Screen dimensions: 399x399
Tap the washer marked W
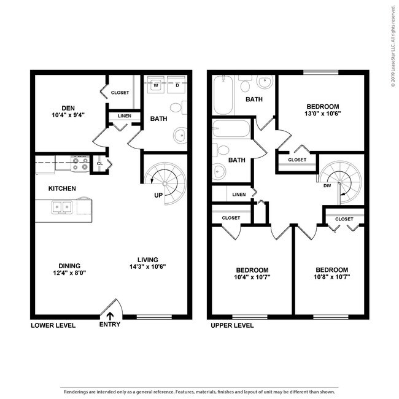pyautogui.click(x=157, y=85)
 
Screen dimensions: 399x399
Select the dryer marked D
pyautogui.click(x=177, y=85)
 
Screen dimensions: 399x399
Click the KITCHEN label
pyautogui.click(x=63, y=188)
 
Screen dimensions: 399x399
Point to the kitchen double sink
pyautogui.click(x=61, y=207)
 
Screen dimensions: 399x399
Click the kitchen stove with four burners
pyautogui.click(x=80, y=163)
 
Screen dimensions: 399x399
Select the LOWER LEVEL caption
pyautogui.click(x=53, y=325)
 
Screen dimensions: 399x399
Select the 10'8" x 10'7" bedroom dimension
pyautogui.click(x=331, y=277)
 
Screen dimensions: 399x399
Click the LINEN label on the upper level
pyautogui.click(x=239, y=195)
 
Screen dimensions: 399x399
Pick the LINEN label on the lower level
pyautogui.click(x=124, y=116)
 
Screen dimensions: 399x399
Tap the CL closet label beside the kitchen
pyautogui.click(x=99, y=163)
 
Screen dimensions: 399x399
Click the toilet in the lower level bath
pyautogui.click(x=176, y=108)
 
